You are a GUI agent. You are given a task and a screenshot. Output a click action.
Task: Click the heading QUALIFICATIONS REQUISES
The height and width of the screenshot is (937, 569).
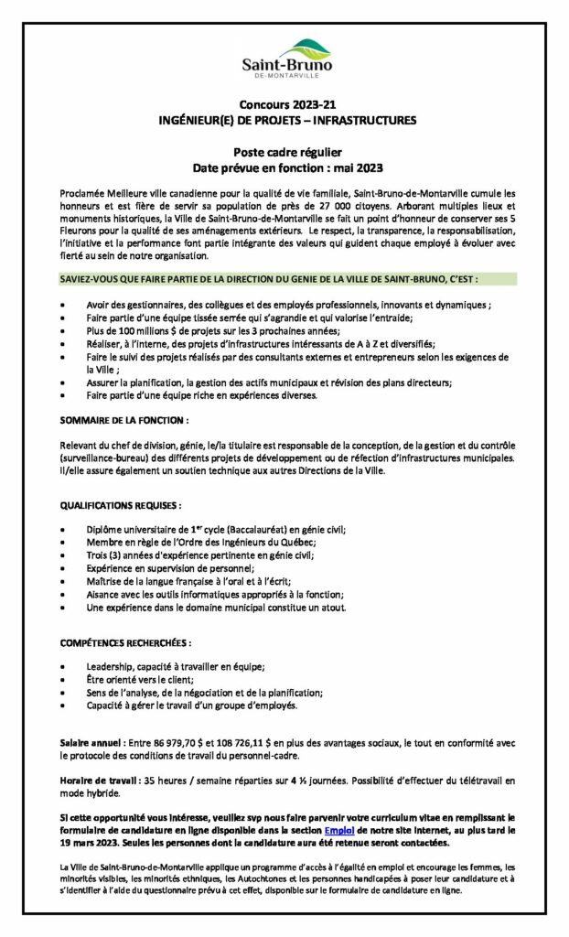[121, 504]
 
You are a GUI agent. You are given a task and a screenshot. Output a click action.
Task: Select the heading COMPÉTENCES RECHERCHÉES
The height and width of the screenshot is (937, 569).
[126, 643]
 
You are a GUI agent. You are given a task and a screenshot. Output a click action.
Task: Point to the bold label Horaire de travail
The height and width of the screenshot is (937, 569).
[99, 779]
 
